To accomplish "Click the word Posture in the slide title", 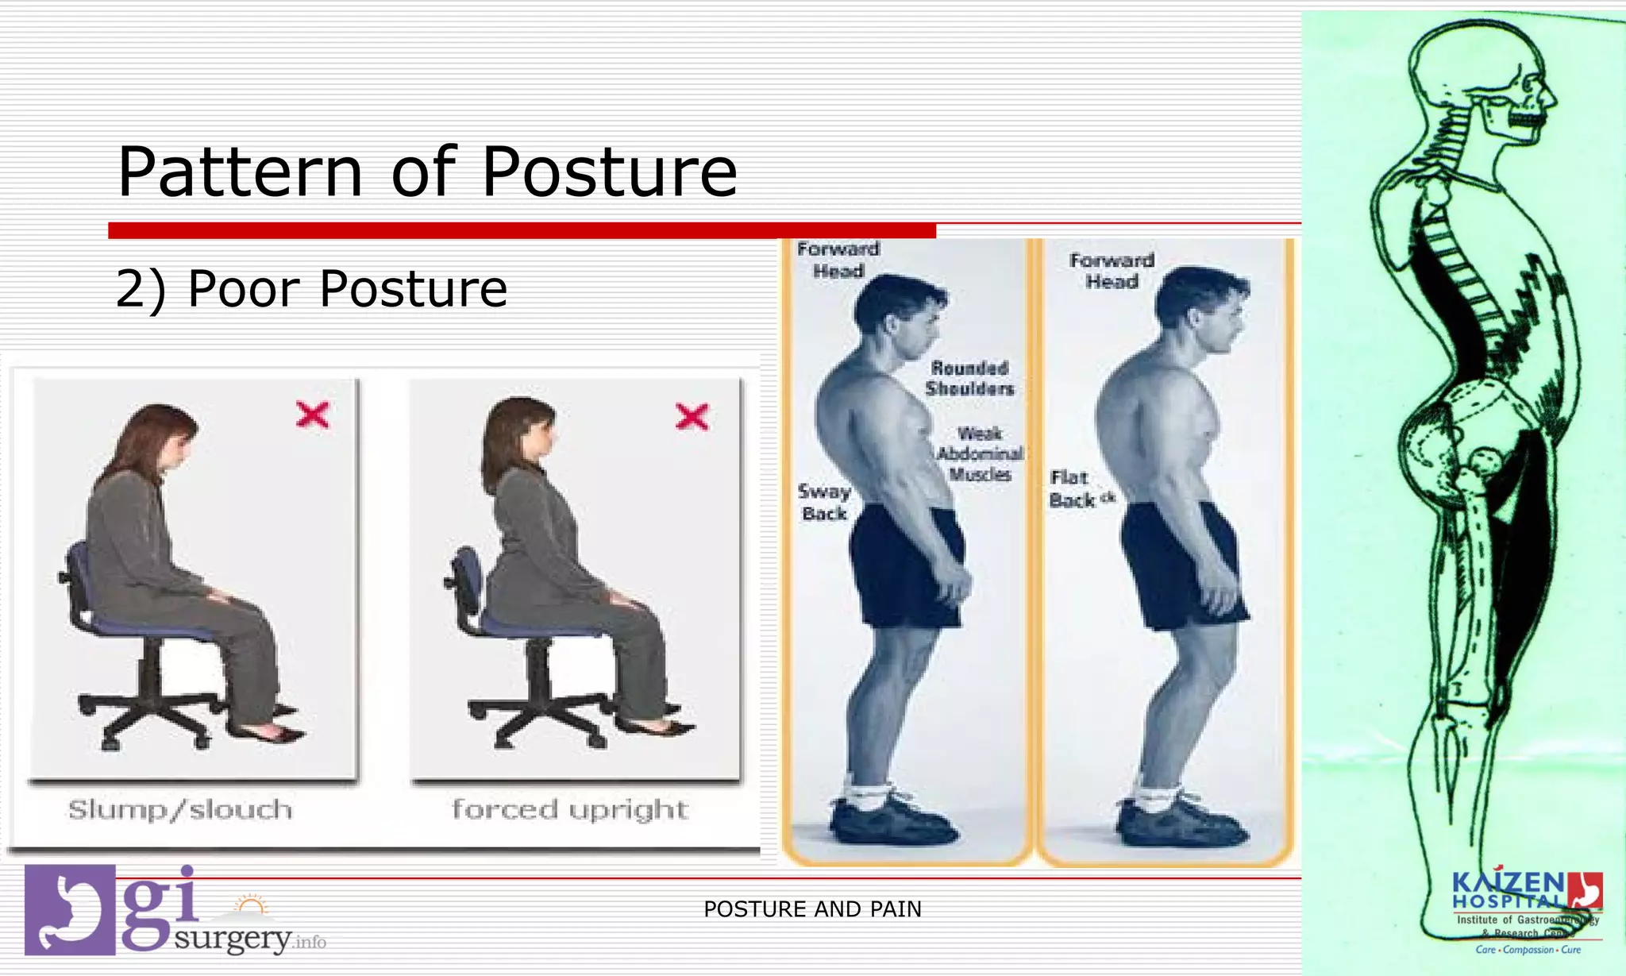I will (609, 172).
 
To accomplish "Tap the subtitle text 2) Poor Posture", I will (311, 288).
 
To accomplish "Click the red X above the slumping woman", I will (312, 415).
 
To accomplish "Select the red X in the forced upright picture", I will (692, 416).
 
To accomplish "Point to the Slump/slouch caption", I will (180, 810).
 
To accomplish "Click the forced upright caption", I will (569, 810).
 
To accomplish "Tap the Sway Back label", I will (824, 503).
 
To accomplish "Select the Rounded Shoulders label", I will (969, 379).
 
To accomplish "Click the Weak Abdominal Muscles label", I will (980, 454).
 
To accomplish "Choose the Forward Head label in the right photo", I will (1112, 271).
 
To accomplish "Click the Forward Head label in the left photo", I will (838, 260).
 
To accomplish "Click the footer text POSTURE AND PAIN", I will (812, 909).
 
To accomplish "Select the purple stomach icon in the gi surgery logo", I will (70, 910).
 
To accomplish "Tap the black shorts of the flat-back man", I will (1183, 564).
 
